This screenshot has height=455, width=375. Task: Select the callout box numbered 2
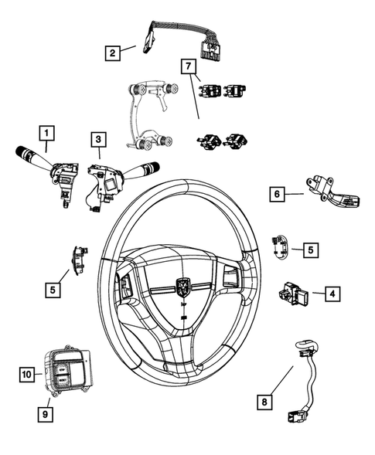pos(113,53)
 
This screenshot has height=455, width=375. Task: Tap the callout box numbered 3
pos(97,139)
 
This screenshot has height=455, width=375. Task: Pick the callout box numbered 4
pos(330,294)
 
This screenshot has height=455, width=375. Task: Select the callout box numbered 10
pos(26,375)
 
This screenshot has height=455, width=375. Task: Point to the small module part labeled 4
pos(293,294)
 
